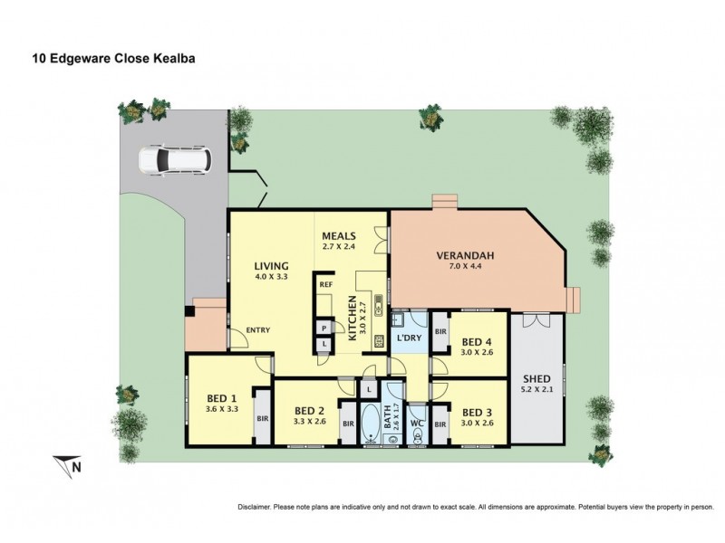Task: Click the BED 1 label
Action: [221, 397]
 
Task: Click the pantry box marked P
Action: [324, 329]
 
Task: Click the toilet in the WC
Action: [417, 435]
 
